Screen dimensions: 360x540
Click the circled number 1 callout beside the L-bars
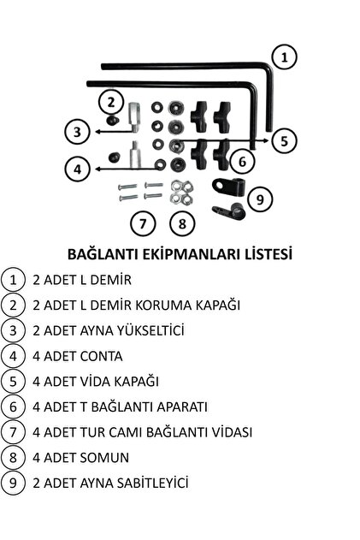(284, 57)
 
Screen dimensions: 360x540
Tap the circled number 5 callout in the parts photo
(284, 140)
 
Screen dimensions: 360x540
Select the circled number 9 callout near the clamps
(260, 199)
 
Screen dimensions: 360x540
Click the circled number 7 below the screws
(143, 224)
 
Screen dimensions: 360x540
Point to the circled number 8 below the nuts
(182, 224)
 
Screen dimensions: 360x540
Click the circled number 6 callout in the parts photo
(242, 161)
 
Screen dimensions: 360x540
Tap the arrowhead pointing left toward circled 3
(97, 132)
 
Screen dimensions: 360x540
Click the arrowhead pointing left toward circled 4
(97, 169)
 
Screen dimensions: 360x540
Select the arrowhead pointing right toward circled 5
(267, 140)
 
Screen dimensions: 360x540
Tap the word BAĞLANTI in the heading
(103, 255)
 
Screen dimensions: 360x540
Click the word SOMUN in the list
(104, 458)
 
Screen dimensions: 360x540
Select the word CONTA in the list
(101, 356)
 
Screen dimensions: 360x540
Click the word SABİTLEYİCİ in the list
(153, 483)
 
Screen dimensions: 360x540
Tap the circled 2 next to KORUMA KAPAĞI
(13, 306)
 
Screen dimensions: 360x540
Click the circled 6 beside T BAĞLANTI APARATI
(13, 406)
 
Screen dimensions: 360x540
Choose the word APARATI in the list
(182, 406)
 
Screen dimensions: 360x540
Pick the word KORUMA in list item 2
(163, 306)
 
